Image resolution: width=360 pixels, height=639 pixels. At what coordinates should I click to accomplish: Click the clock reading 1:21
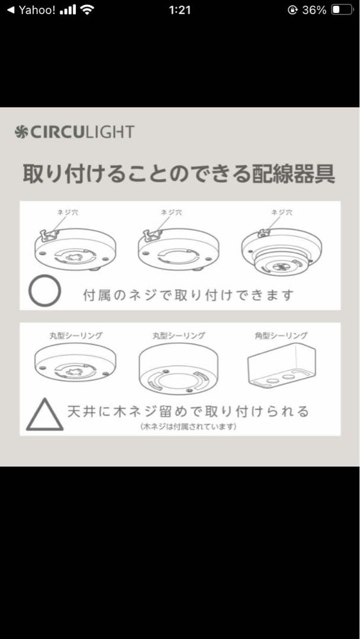tap(179, 10)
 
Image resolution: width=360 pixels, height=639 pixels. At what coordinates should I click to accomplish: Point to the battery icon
tap(342, 10)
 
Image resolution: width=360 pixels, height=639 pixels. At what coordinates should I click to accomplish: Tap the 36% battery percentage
tap(314, 10)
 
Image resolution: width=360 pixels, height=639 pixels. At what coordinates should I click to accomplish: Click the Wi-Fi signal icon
tap(88, 10)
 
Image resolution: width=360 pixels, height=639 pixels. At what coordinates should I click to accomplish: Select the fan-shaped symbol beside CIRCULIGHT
tap(21, 131)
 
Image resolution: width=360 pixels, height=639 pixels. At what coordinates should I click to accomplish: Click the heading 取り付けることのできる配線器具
tap(179, 175)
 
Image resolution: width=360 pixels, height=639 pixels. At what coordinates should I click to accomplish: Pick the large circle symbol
tap(46, 292)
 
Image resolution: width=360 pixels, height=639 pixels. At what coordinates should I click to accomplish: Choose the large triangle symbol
tap(44, 414)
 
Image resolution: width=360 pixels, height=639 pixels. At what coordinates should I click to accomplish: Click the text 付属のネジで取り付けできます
tap(188, 295)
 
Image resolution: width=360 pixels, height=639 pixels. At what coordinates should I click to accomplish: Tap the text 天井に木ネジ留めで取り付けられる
tap(188, 411)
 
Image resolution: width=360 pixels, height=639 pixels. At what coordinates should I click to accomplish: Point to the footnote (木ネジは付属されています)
tap(188, 426)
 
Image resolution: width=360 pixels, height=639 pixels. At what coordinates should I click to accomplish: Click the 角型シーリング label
tap(281, 335)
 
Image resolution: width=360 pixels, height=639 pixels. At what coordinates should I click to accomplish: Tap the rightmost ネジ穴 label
tap(281, 212)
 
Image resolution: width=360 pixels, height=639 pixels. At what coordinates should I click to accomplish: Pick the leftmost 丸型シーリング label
tap(75, 335)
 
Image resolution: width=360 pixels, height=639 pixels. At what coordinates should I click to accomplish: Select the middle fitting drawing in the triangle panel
tap(178, 368)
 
